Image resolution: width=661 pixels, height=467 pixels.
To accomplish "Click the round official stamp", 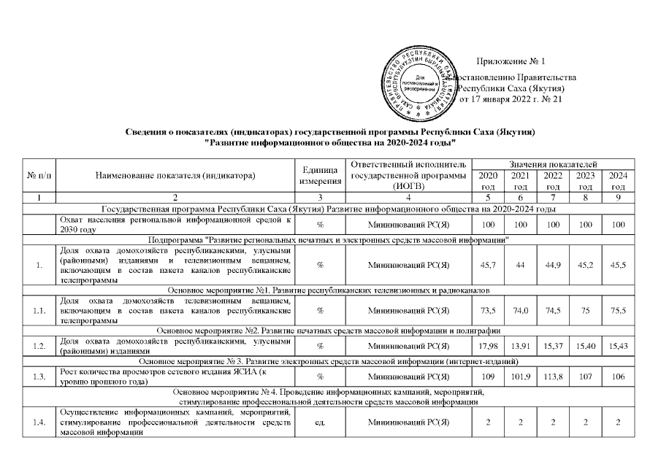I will (x=419, y=82).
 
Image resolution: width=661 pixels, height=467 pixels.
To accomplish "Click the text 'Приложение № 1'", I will (x=511, y=61).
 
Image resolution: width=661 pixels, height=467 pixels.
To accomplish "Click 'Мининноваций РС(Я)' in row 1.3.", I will (x=413, y=379).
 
